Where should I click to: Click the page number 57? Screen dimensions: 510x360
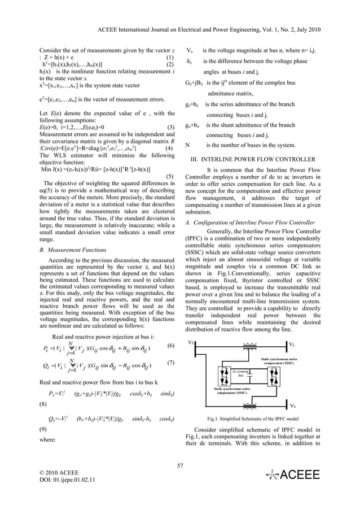pos(180,465)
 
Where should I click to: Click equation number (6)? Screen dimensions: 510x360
pos(171,346)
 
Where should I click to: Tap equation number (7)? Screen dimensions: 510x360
pos(171,363)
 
